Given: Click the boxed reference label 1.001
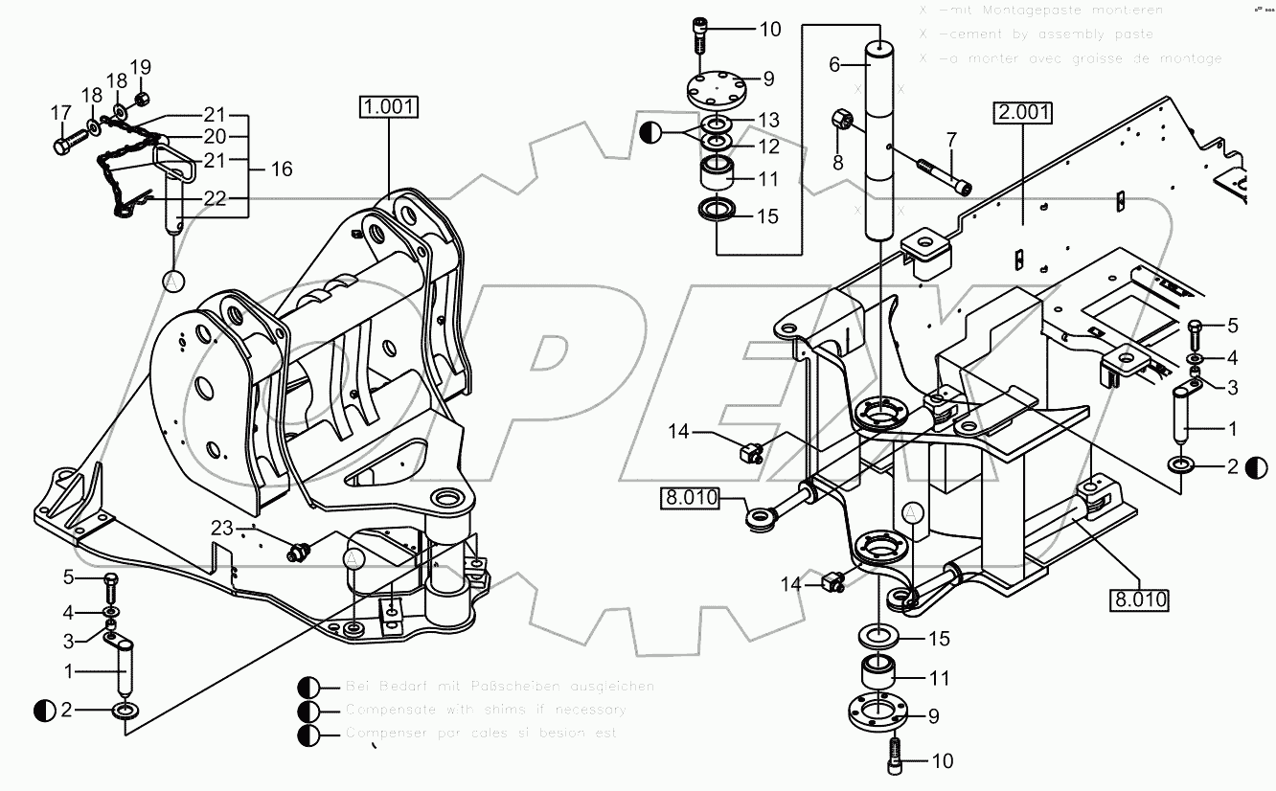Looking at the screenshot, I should pyautogui.click(x=389, y=105).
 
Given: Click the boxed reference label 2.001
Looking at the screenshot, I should pyautogui.click(x=1023, y=113).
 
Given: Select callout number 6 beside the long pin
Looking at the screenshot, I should pyautogui.click(x=834, y=64).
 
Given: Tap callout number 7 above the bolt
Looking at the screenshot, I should pyautogui.click(x=951, y=140).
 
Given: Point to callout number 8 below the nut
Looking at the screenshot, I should pyautogui.click(x=838, y=163).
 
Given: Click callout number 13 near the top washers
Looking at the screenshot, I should pyautogui.click(x=768, y=120).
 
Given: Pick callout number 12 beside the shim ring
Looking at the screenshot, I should pyautogui.click(x=768, y=147).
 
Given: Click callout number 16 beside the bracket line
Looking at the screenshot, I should pyautogui.click(x=281, y=169).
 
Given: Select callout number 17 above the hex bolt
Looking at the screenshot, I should pyautogui.click(x=61, y=112).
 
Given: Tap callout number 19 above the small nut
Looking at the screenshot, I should pyautogui.click(x=141, y=67).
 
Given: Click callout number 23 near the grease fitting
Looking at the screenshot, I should pyautogui.click(x=222, y=527).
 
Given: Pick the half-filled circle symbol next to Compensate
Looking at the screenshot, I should pyautogui.click(x=308, y=711).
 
